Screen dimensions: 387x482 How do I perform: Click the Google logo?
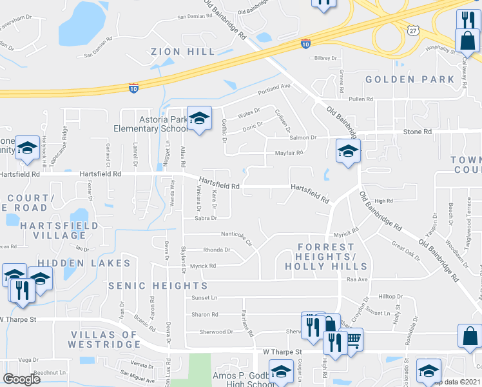[22, 379]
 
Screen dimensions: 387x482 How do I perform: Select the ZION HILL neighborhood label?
[177, 52]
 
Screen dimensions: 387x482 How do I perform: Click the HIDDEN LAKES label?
[71, 263]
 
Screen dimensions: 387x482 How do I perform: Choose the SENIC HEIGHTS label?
[149, 285]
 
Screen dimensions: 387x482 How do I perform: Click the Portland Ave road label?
[275, 87]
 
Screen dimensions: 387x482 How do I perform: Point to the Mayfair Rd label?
[289, 153]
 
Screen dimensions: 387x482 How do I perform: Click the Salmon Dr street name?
[303, 137]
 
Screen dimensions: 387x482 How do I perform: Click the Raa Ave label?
[356, 280]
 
